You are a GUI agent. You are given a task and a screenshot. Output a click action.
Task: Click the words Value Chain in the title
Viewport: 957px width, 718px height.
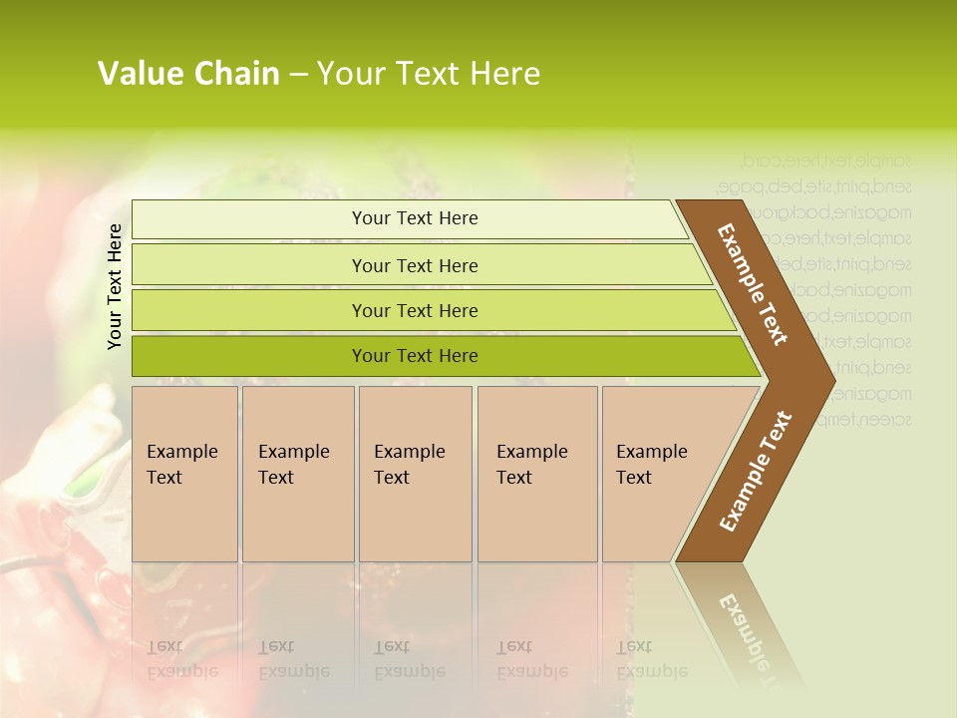pyautogui.click(x=188, y=74)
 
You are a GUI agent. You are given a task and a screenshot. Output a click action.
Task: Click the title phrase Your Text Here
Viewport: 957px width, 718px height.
pyautogui.click(x=429, y=74)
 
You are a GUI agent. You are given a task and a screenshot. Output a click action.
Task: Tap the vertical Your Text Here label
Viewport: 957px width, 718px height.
pyautogui.click(x=115, y=286)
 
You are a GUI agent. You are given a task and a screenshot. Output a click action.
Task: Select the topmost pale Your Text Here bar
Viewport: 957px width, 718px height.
pyautogui.click(x=415, y=218)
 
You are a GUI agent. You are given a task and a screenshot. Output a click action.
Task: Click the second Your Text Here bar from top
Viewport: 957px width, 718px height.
pyautogui.click(x=415, y=265)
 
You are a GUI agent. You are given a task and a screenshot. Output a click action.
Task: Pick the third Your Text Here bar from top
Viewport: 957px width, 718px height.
pyautogui.click(x=415, y=310)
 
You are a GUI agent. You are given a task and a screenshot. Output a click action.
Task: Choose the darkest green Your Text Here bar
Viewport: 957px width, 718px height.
pyautogui.click(x=415, y=356)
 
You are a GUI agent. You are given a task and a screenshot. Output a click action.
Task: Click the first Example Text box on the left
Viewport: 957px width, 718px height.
pyautogui.click(x=184, y=473)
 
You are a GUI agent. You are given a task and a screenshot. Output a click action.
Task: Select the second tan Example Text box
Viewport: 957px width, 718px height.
pyautogui.click(x=297, y=473)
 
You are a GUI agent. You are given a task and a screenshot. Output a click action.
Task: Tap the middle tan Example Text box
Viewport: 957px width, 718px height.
pyautogui.click(x=415, y=473)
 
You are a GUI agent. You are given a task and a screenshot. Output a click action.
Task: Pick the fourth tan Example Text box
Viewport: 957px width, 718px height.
pyautogui.click(x=536, y=473)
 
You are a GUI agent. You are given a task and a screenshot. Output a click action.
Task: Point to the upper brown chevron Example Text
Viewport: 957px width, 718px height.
pyautogui.click(x=753, y=284)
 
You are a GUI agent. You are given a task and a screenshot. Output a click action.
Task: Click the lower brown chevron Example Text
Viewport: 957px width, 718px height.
pyautogui.click(x=755, y=472)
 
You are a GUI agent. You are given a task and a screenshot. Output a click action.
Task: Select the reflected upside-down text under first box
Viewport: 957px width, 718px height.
pyautogui.click(x=182, y=659)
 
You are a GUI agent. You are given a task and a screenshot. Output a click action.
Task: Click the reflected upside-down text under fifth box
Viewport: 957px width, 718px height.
pyautogui.click(x=652, y=659)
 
